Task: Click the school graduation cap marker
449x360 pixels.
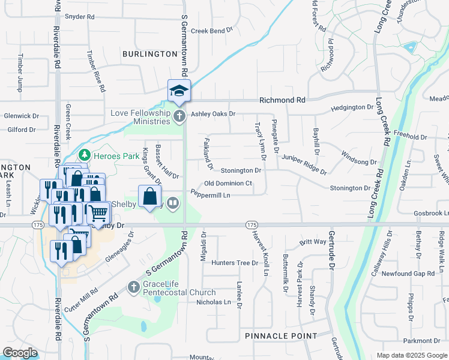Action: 179,91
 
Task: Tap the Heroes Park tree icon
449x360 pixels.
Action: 85,155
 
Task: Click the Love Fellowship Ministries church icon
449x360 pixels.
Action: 179,116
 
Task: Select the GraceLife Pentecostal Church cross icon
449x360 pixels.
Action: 133,288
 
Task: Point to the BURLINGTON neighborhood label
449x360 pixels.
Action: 149,54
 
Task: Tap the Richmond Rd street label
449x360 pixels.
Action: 282,100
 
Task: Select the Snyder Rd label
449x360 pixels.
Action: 80,17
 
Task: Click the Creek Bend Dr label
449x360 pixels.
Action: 211,31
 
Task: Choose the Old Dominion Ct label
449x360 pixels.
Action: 228,184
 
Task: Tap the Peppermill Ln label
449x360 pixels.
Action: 210,195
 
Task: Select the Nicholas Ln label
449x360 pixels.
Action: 214,302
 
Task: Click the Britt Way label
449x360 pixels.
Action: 313,242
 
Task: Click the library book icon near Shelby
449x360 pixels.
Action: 173,203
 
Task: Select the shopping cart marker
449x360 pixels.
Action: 99,212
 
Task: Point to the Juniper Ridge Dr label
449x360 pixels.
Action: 305,164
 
